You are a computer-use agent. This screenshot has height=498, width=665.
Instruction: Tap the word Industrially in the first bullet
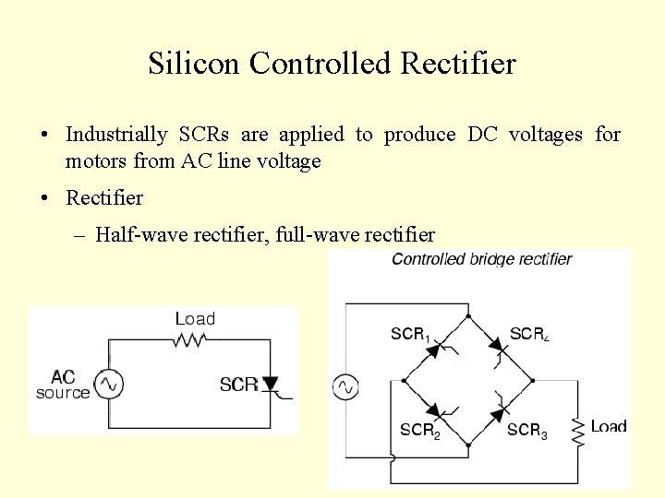(x=116, y=135)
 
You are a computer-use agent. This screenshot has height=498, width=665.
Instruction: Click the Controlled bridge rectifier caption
(x=481, y=259)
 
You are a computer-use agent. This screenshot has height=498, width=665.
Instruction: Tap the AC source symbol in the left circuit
(x=109, y=384)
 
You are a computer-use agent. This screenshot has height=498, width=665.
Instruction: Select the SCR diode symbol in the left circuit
(x=271, y=384)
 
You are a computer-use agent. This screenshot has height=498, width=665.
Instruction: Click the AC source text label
(x=63, y=385)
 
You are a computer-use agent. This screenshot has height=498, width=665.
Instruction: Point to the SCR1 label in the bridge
(x=412, y=335)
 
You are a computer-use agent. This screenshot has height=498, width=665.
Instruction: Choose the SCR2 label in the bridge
(x=420, y=430)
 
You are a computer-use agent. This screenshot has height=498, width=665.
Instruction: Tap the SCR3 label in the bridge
(x=527, y=430)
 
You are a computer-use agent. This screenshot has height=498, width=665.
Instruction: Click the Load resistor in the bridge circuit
(x=578, y=430)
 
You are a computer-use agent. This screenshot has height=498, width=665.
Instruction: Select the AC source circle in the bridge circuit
(x=345, y=386)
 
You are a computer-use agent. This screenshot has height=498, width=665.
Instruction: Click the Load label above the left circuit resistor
(x=195, y=319)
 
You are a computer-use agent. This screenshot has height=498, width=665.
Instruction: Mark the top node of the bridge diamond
(x=468, y=316)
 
